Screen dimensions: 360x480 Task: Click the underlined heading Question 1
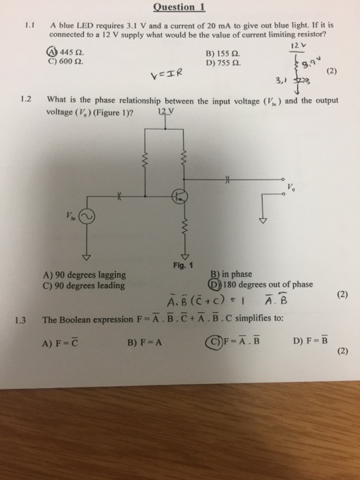179,7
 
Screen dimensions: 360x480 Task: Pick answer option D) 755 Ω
223,63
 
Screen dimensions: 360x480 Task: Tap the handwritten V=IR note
167,74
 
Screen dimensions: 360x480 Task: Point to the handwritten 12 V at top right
298,46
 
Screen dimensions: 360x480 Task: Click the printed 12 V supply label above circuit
166,112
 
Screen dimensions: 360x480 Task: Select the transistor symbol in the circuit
180,196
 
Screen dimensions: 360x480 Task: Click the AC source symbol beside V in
86,217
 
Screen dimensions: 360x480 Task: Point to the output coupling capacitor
227,180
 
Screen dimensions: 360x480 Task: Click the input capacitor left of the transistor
119,197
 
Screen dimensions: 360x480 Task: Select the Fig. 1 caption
183,265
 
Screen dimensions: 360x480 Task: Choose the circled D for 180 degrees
214,285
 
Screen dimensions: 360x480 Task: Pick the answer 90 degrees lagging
85,275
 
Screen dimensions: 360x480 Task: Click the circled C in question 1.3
213,341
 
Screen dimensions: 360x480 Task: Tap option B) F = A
145,342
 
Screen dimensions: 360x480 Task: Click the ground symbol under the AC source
86,257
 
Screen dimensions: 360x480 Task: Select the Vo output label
291,187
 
